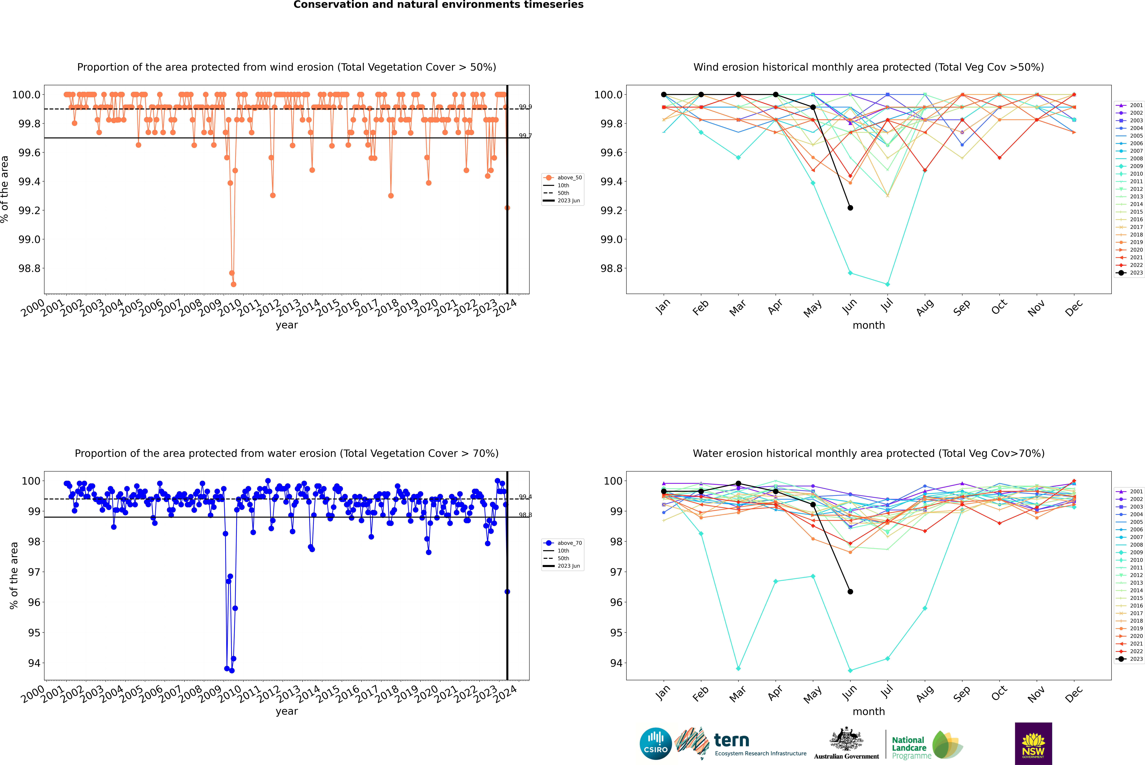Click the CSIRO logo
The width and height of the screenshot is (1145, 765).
click(656, 744)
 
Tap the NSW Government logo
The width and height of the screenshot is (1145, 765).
click(1033, 744)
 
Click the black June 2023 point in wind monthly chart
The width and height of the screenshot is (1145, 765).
click(850, 208)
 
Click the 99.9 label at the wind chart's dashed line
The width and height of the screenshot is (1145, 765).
click(525, 107)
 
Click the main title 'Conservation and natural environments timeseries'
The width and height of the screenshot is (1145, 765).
click(438, 5)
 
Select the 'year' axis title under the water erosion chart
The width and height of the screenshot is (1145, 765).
click(286, 711)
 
